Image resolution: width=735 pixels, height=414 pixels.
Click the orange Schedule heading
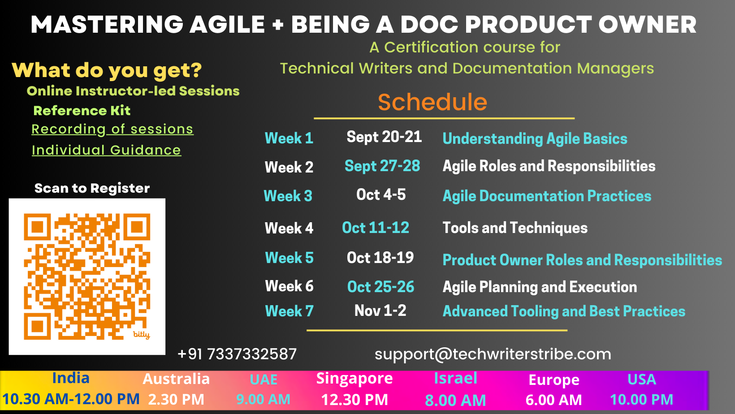coord(432,102)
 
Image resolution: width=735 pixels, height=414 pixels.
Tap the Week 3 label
coord(288,196)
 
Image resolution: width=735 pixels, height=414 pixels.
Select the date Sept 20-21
coord(384,137)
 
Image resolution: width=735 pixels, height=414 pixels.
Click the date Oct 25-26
coord(380,287)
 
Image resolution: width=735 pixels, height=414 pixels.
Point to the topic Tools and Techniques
coord(515,228)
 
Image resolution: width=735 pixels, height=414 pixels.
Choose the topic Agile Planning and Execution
coord(540,287)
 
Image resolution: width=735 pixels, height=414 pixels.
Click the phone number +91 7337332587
coord(237,354)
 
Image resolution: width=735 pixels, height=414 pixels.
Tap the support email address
coord(493,354)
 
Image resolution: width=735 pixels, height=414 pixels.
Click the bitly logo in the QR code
coord(142,335)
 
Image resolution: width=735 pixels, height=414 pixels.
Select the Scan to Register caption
coord(92,188)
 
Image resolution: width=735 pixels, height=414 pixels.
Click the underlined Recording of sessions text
coord(112,129)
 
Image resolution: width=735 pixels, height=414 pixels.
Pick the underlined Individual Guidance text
coord(106,150)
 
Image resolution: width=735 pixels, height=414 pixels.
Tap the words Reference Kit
coord(82,111)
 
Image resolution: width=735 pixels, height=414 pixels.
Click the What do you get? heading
coord(107,70)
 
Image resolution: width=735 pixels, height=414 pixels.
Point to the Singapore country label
coord(355,379)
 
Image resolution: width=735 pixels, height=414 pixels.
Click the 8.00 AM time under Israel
coord(455,400)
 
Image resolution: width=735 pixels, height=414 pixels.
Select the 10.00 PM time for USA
coord(641,400)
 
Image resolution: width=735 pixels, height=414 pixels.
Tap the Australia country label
coord(176,379)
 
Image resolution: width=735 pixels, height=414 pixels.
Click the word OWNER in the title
coord(648,25)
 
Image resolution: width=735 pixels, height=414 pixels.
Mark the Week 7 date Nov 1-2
coord(380,310)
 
